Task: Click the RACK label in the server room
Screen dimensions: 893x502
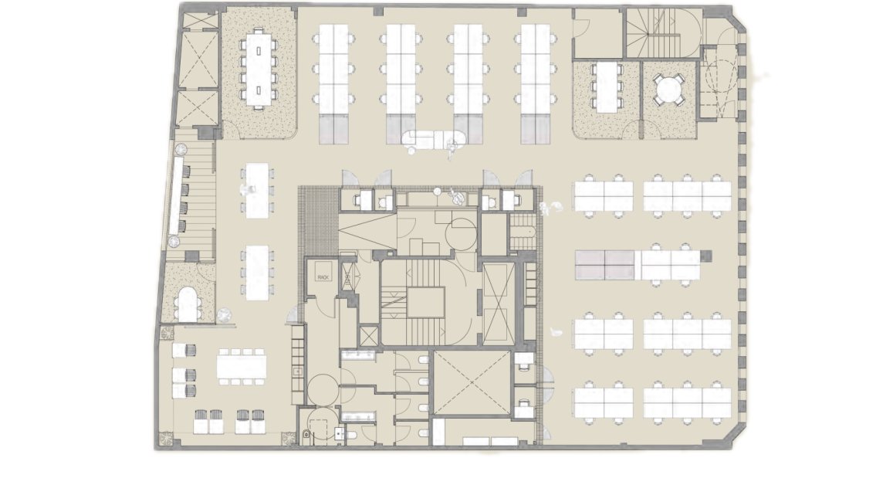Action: [323, 277]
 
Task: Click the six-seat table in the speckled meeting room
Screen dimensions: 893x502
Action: [607, 86]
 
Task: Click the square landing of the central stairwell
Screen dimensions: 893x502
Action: [425, 303]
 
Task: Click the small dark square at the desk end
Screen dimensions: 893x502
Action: [706, 256]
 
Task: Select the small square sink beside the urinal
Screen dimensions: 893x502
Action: [340, 432]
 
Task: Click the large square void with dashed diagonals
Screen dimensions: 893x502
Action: [472, 383]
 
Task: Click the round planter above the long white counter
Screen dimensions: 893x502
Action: [181, 149]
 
